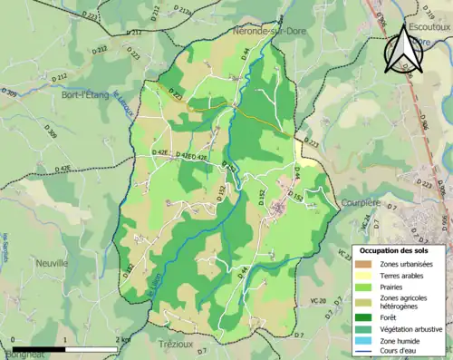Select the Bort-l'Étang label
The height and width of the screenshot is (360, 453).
point(86,94)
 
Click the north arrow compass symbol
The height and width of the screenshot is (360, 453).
point(403,50)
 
